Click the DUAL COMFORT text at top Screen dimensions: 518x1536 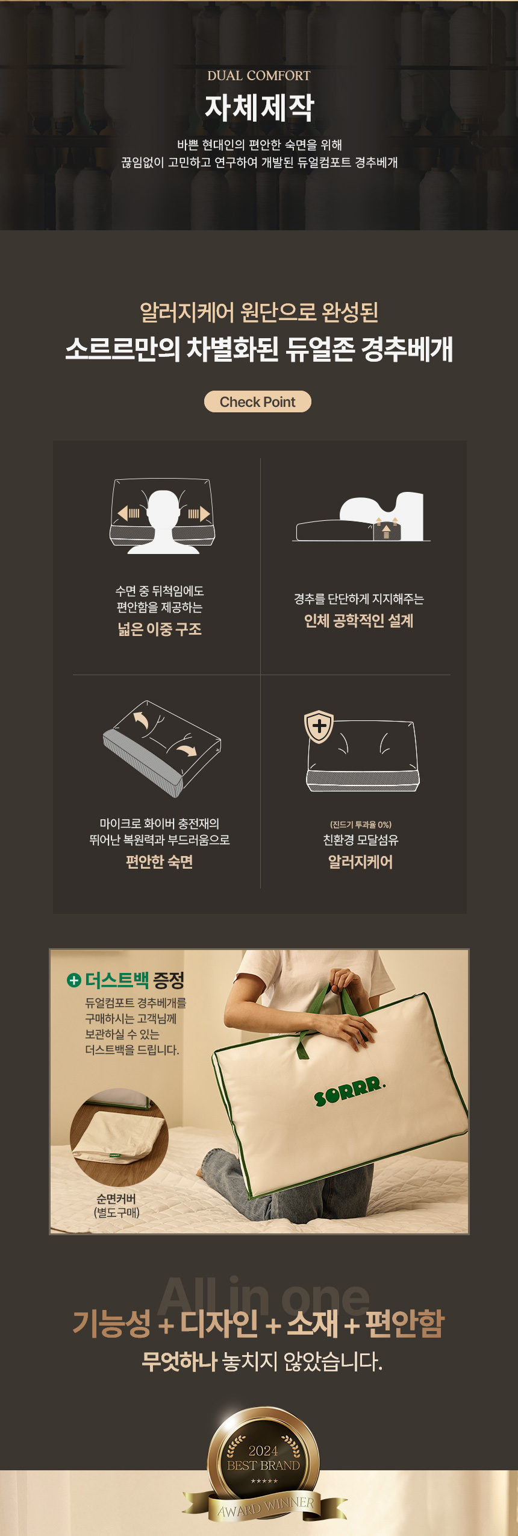click(259, 75)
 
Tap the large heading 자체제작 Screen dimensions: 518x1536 click(260, 107)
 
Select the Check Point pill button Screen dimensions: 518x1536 click(258, 401)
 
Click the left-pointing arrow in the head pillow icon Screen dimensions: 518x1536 click(128, 514)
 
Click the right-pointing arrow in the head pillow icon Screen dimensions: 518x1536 click(199, 514)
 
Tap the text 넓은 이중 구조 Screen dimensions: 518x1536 click(160, 629)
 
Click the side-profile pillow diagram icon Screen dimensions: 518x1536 click(361, 517)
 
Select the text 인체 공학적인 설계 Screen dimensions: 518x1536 click(359, 621)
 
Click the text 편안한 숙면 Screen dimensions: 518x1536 click(160, 862)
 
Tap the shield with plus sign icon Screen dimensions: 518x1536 click(319, 726)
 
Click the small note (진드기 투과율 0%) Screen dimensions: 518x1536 click(361, 825)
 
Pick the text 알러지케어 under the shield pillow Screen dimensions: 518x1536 click(361, 862)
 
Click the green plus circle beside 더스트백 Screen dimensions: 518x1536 click(73, 980)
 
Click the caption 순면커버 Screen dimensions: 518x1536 click(116, 1198)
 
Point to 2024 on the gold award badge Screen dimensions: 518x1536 click(263, 1451)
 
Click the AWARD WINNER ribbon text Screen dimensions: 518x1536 click(266, 1507)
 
